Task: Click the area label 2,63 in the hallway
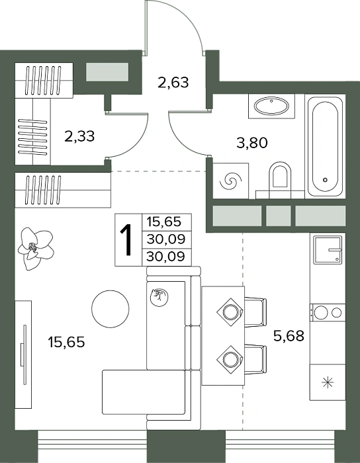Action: pyautogui.click(x=173, y=83)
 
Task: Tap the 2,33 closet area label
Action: pyautogui.click(x=79, y=136)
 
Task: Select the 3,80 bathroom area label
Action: pyautogui.click(x=252, y=143)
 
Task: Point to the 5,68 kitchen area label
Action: pyautogui.click(x=289, y=336)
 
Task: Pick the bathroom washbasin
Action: pyautogui.click(x=271, y=106)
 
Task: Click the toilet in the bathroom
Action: pyautogui.click(x=280, y=177)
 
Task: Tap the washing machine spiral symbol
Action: pyautogui.click(x=231, y=181)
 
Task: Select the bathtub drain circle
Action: pyautogui.click(x=325, y=179)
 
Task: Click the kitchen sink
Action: pyautogui.click(x=328, y=250)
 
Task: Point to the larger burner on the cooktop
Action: pyautogui.click(x=321, y=312)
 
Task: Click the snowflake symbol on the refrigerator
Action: pyautogui.click(x=328, y=383)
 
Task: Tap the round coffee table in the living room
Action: pyautogui.click(x=110, y=309)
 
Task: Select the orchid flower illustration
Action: pyautogui.click(x=36, y=248)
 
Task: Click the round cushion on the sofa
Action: pyautogui.click(x=159, y=298)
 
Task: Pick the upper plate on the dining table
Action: pyautogui.click(x=230, y=312)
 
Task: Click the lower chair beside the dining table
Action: pyautogui.click(x=255, y=359)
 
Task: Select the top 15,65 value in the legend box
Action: pyautogui.click(x=164, y=222)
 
